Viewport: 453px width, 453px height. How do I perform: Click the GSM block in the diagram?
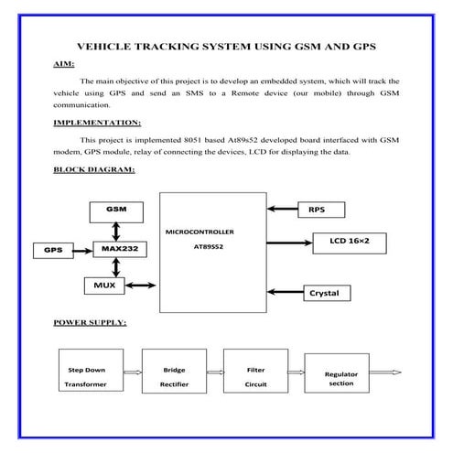click(116, 210)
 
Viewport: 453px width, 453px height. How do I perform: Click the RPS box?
click(323, 210)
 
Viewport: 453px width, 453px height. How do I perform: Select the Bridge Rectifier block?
click(174, 377)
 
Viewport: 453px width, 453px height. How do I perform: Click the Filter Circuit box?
click(255, 377)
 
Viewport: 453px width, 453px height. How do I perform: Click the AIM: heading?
click(64, 64)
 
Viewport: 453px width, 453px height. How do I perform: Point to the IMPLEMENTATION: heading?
click(96, 121)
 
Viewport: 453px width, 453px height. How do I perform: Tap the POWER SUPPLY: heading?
click(90, 323)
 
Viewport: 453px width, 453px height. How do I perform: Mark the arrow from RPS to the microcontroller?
click(279, 210)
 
